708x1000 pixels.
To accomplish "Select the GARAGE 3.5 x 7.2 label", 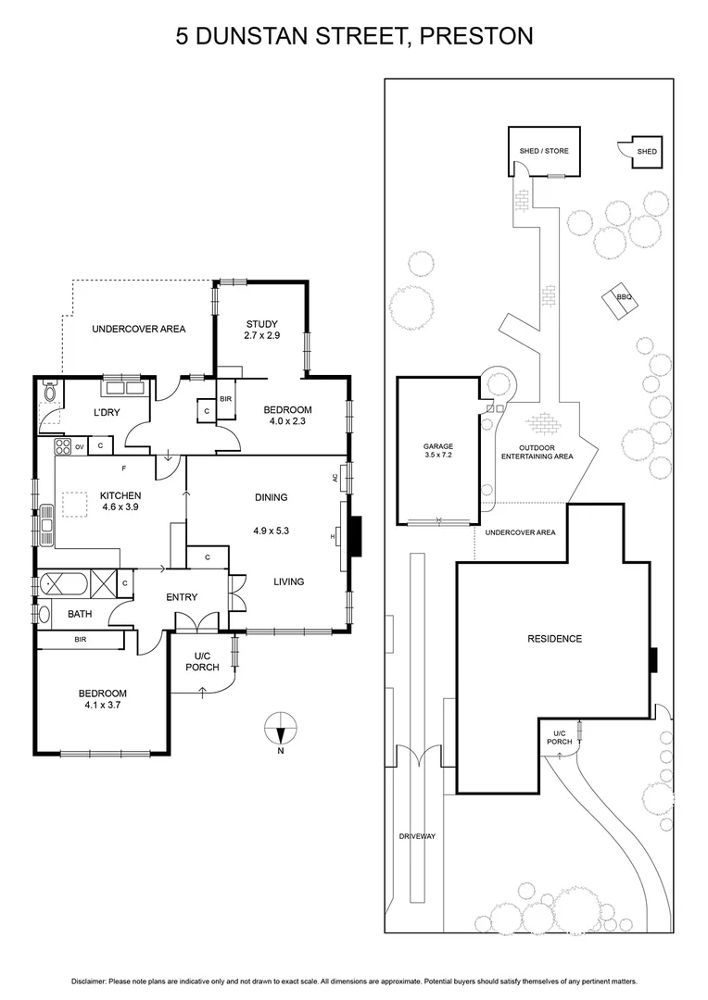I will pos(438,451).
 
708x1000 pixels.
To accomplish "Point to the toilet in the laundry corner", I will pos(50,392).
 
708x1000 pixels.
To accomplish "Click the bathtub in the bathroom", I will pos(63,584).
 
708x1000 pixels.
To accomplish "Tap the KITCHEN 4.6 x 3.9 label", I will pos(120,502).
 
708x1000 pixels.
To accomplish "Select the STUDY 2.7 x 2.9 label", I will pos(261,330).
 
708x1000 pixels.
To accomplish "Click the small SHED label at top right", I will pos(646,151).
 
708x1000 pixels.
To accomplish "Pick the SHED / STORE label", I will pos(544,151).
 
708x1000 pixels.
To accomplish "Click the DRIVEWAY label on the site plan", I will pos(417,836).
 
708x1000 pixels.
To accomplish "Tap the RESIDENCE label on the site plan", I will pos(555,639).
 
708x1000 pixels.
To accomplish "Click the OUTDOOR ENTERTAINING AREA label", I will pos(537,451).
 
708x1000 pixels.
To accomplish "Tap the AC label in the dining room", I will pos(335,478).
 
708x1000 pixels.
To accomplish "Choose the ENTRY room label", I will pos(182,597).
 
